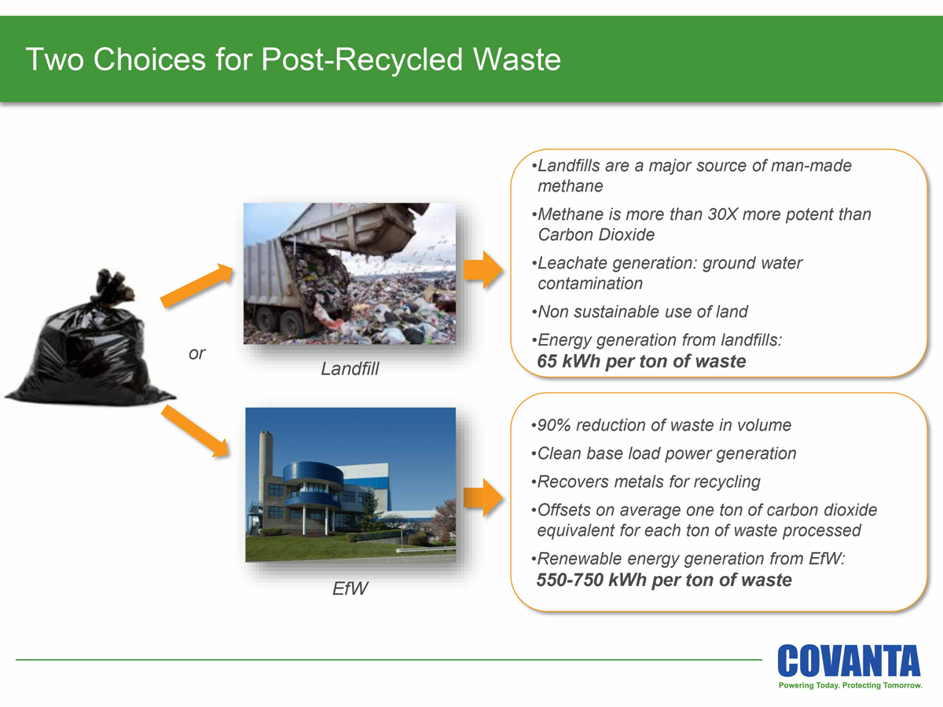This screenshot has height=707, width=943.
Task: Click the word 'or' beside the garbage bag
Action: [x=196, y=354]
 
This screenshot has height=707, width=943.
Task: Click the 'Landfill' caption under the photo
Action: [x=350, y=368]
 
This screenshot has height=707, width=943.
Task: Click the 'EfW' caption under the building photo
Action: [x=350, y=588]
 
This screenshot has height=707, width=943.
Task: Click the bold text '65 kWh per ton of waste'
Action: [x=641, y=362]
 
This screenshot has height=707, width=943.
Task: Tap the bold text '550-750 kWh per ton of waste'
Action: [x=664, y=581]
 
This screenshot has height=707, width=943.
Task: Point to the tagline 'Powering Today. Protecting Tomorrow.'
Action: [x=849, y=686]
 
